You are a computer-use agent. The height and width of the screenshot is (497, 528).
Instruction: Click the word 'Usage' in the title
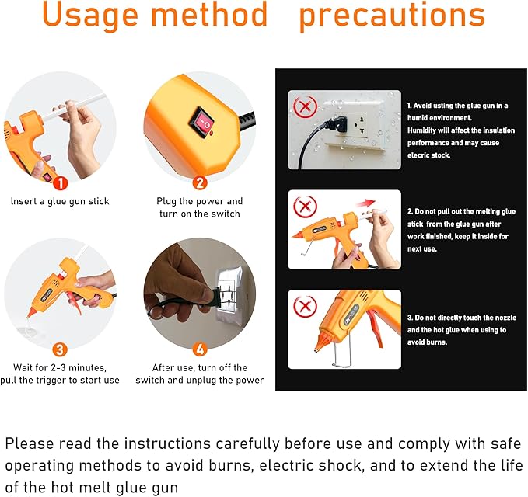click(90, 15)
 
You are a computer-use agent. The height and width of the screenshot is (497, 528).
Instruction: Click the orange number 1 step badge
click(61, 183)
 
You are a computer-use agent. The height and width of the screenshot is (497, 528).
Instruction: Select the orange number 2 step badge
click(200, 183)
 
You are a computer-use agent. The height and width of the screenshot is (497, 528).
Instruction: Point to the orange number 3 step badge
click(60, 349)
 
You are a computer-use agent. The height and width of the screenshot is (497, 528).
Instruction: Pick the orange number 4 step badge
click(200, 349)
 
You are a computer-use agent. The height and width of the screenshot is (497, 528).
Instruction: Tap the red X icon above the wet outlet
click(305, 106)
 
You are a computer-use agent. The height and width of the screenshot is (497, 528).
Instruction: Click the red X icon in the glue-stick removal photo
click(305, 206)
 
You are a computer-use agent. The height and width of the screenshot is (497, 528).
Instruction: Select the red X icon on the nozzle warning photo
click(305, 306)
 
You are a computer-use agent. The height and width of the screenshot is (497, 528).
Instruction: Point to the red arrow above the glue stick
click(365, 203)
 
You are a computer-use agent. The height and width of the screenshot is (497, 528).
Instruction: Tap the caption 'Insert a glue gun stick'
click(60, 201)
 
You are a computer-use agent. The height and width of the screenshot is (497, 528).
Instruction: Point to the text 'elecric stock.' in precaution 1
click(428, 155)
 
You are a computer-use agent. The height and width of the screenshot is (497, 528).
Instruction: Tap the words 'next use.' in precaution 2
click(422, 248)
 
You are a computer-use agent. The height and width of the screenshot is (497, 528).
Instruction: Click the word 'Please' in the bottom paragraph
click(30, 444)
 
